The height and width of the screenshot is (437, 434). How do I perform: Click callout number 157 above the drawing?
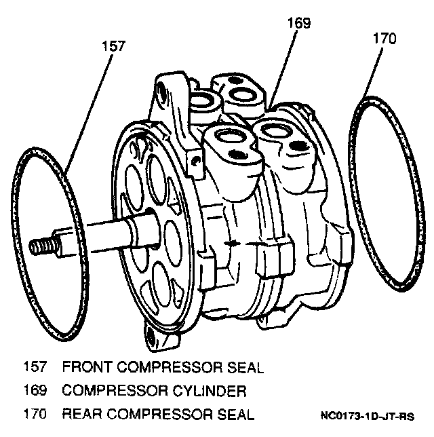coord(114,46)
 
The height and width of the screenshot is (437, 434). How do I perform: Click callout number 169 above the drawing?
coord(299,23)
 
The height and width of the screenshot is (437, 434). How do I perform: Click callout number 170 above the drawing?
coord(384,38)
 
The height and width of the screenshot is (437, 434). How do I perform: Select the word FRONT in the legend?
coord(87,366)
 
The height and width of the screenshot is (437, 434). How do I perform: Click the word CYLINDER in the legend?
coord(210,391)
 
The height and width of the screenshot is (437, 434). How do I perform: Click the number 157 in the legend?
coord(35,366)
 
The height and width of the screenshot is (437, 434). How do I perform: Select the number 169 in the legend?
coord(35,390)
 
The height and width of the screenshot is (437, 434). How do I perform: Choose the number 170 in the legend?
coord(35,414)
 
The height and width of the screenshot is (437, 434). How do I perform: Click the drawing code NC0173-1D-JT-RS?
coord(368,416)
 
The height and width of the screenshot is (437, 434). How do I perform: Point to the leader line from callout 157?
coord(89,114)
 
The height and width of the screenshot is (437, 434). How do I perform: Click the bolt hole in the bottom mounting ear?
coord(151,337)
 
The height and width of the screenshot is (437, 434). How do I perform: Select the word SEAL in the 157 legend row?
coord(245,367)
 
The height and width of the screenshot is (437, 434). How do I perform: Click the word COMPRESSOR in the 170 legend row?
coord(159,414)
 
